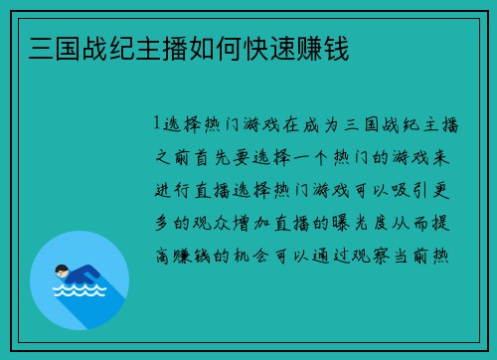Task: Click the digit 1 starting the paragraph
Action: (157, 124)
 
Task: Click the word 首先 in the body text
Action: (221, 157)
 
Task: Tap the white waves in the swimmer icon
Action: (79, 293)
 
